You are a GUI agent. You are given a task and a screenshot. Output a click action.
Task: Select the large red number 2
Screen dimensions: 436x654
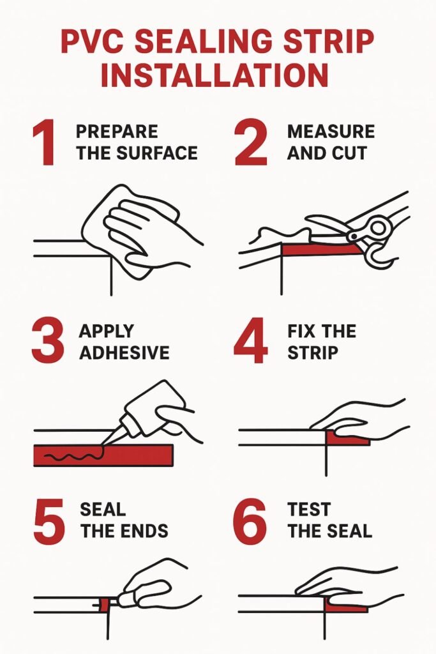pyautogui.click(x=250, y=142)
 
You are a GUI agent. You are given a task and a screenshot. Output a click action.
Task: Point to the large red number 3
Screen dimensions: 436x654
pyautogui.click(x=49, y=341)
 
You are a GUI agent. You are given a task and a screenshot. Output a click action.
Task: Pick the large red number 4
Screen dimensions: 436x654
pyautogui.click(x=250, y=340)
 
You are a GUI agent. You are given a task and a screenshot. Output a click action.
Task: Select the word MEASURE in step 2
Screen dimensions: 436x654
pyautogui.click(x=331, y=132)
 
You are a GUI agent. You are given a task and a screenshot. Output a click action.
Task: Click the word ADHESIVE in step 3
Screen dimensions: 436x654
pyautogui.click(x=124, y=353)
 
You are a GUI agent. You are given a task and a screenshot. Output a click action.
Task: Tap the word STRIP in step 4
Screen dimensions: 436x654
pyautogui.click(x=312, y=353)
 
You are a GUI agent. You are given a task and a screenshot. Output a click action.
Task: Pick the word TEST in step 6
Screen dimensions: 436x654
pyautogui.click(x=309, y=510)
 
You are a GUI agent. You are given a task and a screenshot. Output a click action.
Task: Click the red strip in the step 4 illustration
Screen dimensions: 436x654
pyautogui.click(x=346, y=439)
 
